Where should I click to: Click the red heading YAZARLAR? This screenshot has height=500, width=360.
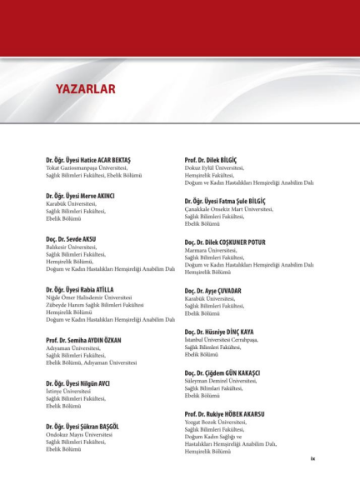(x=85, y=89)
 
